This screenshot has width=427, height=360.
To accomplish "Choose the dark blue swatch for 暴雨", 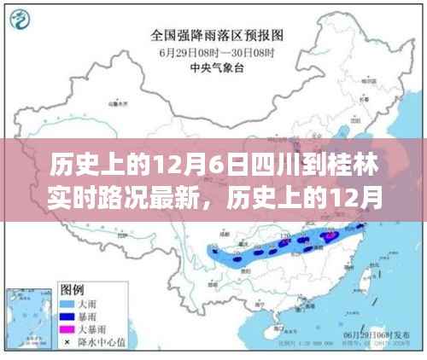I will [x=65, y=315].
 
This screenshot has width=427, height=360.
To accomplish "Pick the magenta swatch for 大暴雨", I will [x=65, y=328].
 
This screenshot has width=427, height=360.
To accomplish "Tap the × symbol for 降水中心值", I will [x=65, y=340].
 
